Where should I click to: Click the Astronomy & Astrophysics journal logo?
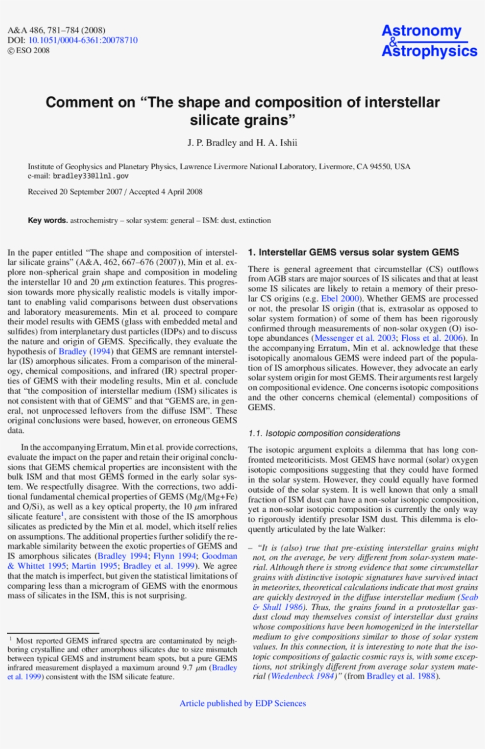pyautogui.click(x=429, y=41)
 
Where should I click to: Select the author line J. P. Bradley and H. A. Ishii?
pyautogui.click(x=242, y=143)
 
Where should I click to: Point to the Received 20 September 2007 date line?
pyautogui.click(x=115, y=192)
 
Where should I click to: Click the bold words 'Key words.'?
pyautogui.click(x=48, y=221)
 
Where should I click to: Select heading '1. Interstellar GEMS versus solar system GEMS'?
pyautogui.click(x=353, y=252)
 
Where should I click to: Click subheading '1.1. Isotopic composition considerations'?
pyautogui.click(x=324, y=434)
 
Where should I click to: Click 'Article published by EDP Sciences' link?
pyautogui.click(x=242, y=703)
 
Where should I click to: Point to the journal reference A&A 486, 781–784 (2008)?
pyautogui.click(x=56, y=30)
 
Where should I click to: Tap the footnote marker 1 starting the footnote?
pyautogui.click(x=10, y=639)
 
